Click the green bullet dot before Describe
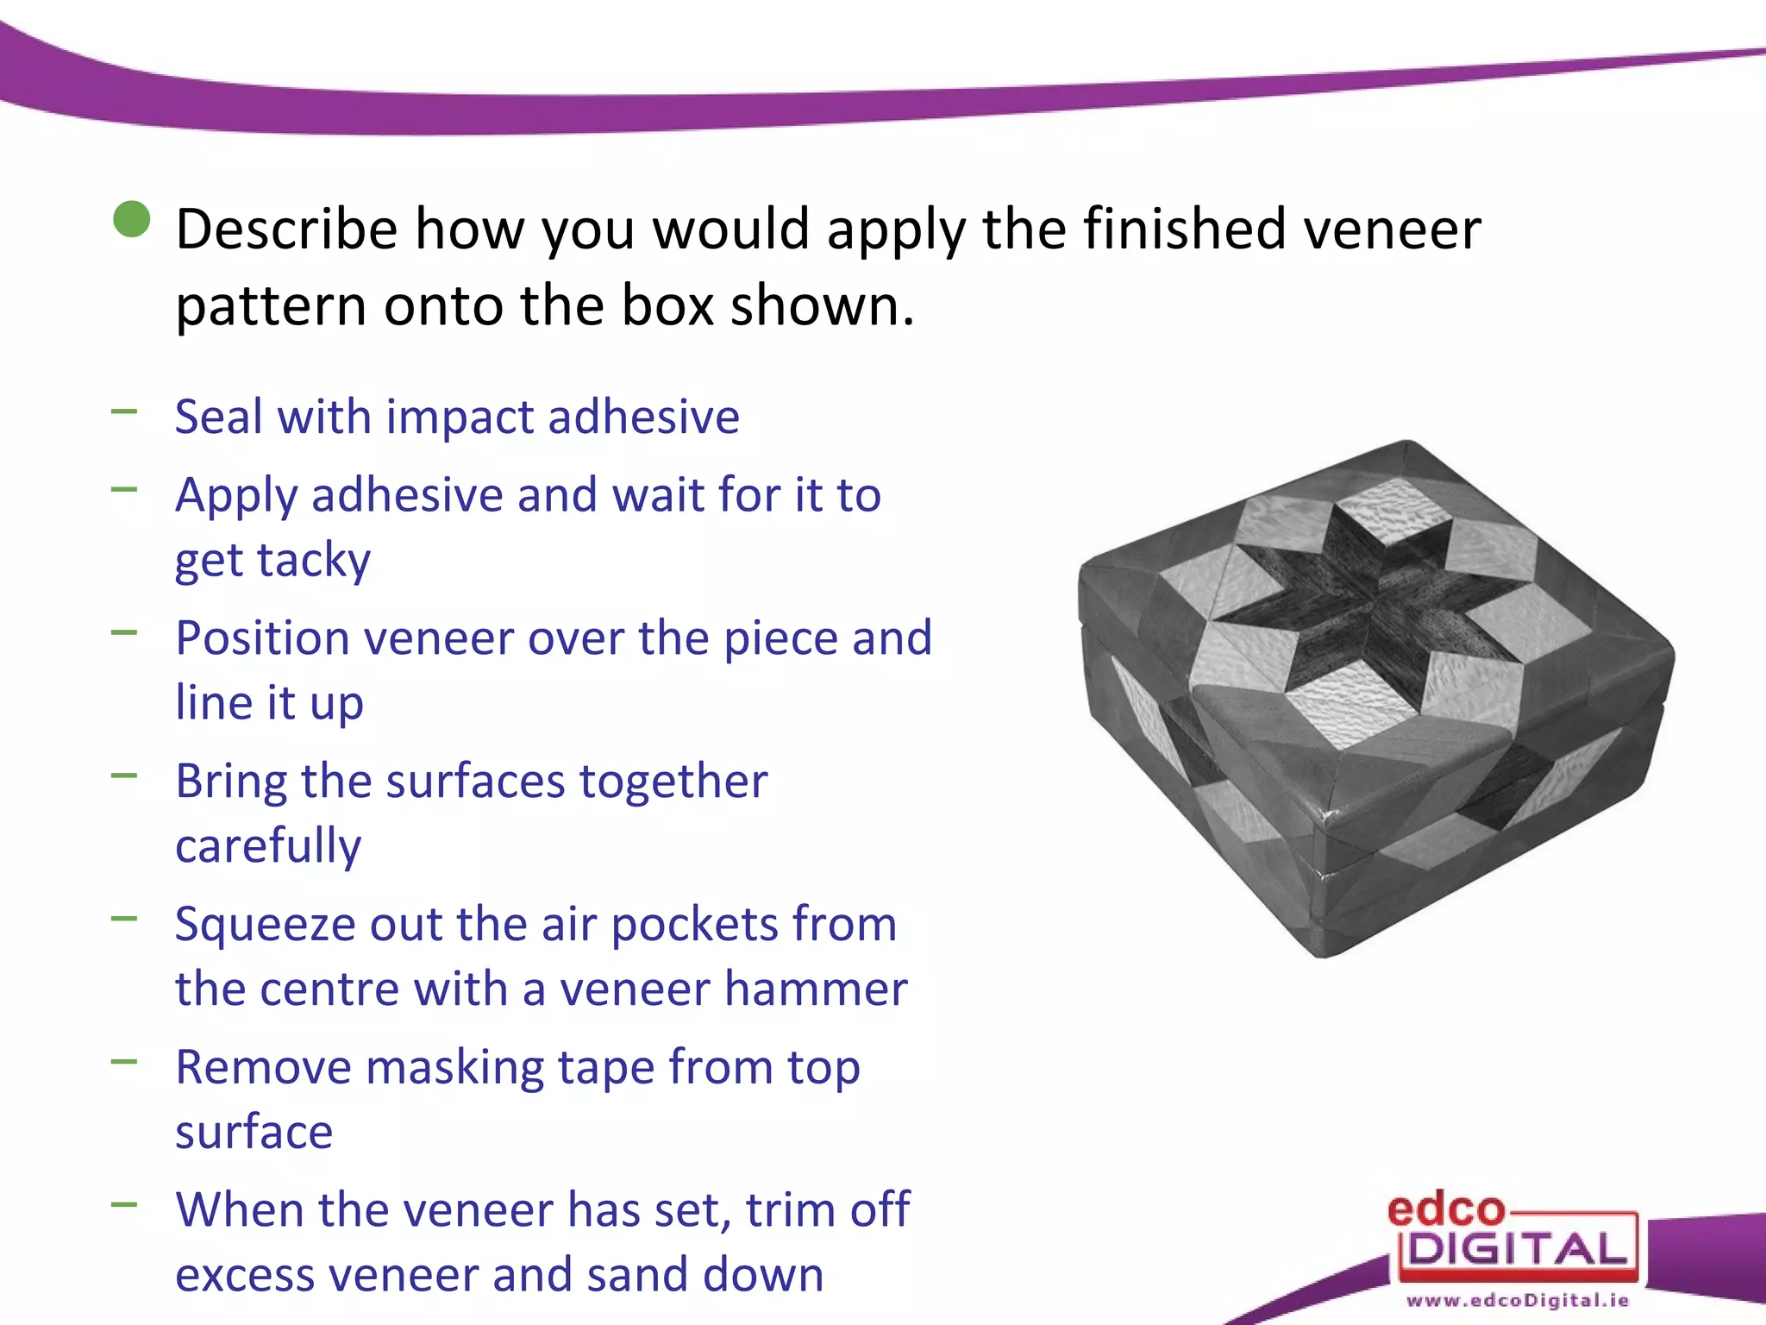click(x=132, y=219)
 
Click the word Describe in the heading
click(x=287, y=229)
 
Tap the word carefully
click(x=268, y=845)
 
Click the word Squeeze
click(x=265, y=925)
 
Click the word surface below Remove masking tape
click(x=254, y=1132)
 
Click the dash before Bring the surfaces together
click(x=124, y=776)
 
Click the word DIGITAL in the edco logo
click(x=1518, y=1249)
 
